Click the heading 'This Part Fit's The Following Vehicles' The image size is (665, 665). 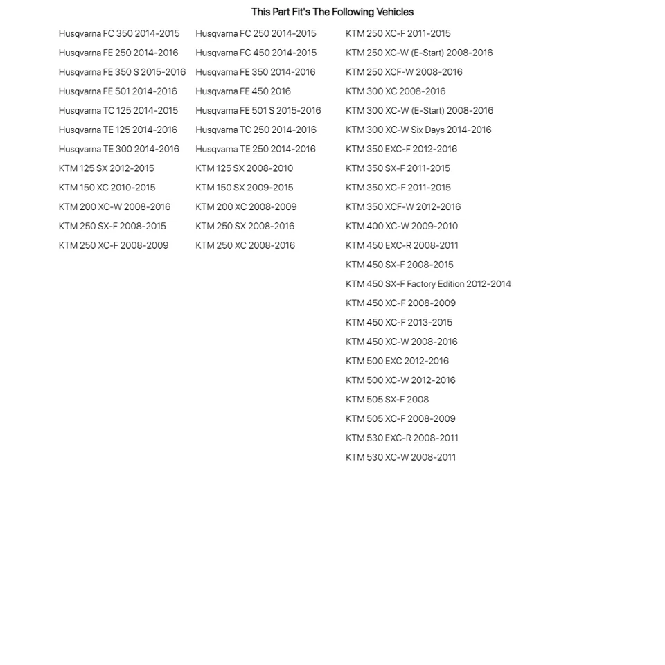tap(332, 12)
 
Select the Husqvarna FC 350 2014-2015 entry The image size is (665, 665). tap(118, 33)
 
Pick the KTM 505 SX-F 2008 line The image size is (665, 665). tap(387, 399)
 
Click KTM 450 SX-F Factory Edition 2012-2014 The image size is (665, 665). tap(428, 283)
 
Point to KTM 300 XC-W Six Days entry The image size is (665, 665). tap(418, 130)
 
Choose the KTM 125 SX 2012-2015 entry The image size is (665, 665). tap(106, 168)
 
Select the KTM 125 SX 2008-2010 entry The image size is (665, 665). tap(244, 168)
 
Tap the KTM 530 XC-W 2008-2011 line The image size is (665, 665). tap(400, 457)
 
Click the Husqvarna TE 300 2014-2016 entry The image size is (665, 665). tap(118, 149)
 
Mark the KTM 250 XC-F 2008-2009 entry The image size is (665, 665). tap(113, 245)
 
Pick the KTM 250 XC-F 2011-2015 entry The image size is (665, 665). tap(398, 33)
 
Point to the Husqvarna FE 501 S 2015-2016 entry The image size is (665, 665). tap(258, 110)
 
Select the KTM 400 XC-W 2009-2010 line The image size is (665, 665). tap(401, 226)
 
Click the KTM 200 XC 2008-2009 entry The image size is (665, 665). tap(246, 206)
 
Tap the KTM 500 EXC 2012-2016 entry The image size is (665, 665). tap(397, 361)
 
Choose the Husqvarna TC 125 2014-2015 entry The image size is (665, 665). tap(118, 110)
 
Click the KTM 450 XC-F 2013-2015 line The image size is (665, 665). tap(398, 322)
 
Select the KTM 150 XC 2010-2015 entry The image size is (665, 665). tap(107, 188)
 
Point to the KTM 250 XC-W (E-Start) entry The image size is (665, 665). tap(419, 53)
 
